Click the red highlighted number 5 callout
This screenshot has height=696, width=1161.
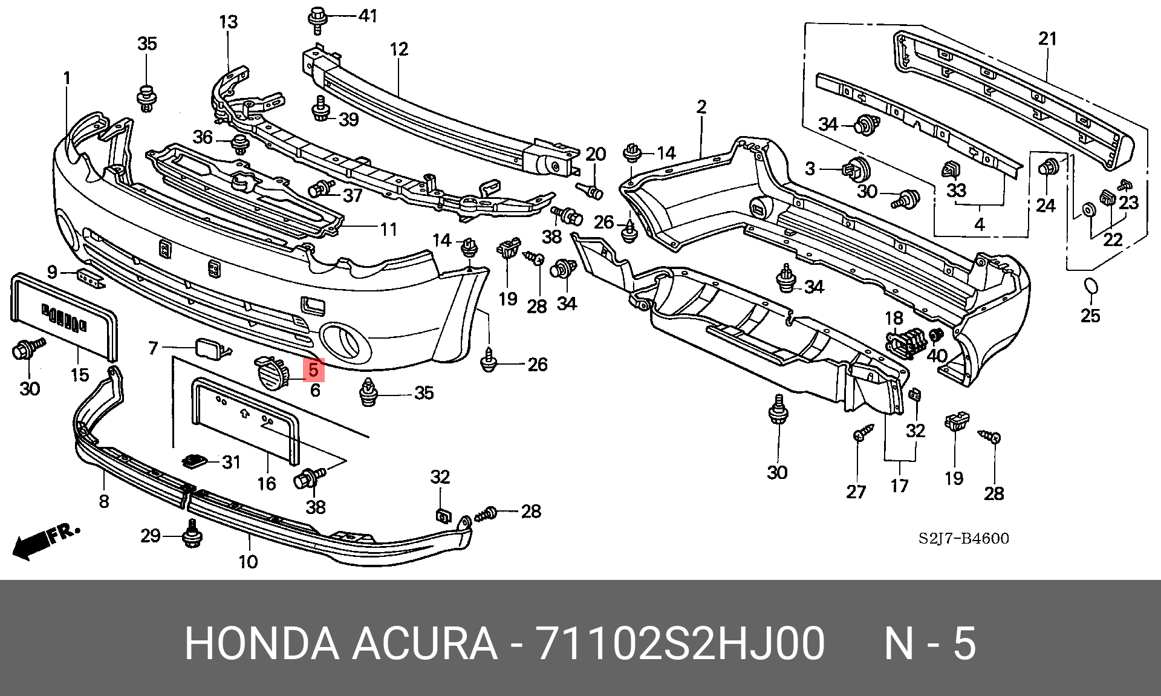[x=314, y=369]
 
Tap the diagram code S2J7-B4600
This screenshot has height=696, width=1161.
[x=963, y=538]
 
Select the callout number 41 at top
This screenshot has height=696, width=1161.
[x=368, y=16]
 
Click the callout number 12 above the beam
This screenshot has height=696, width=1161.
[x=399, y=49]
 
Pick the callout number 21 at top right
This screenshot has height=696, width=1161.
[x=1047, y=39]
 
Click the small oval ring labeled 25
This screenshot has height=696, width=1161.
[x=1090, y=287]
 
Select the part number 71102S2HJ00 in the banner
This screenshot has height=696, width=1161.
[x=680, y=643]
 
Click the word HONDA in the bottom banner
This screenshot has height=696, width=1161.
[x=262, y=643]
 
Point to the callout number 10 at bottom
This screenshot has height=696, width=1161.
[x=248, y=562]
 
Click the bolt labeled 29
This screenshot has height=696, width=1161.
[x=192, y=534]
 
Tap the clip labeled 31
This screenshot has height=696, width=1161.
[x=195, y=461]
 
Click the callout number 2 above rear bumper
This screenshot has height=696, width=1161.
[x=701, y=107]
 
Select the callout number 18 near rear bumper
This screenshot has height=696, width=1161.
[x=894, y=318]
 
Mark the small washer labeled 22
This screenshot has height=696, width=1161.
[x=1088, y=210]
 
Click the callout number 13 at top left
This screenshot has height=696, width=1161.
[x=229, y=22]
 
